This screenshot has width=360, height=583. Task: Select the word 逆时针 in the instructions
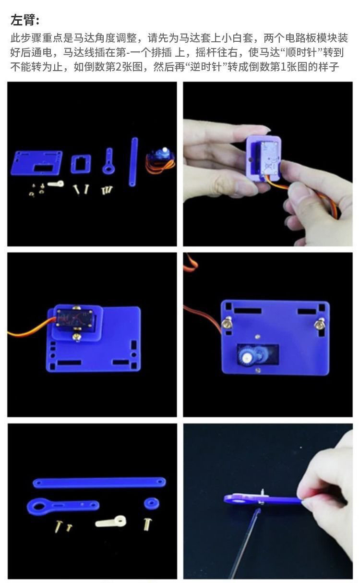point(206,67)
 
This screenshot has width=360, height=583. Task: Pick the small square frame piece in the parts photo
point(81,164)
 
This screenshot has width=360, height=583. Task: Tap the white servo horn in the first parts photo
point(56,184)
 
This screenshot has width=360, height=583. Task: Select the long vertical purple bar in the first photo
point(133,162)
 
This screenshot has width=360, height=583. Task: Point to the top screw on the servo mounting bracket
point(76,308)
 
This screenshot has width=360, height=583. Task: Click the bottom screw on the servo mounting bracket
point(76,337)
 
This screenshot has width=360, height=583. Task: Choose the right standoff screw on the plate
point(319,324)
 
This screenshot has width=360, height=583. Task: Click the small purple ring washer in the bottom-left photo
point(151,503)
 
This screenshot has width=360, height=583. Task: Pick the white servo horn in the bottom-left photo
point(111,521)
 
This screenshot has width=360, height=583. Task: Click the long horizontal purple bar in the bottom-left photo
point(99,482)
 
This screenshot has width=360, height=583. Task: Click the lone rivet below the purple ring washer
point(148,524)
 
